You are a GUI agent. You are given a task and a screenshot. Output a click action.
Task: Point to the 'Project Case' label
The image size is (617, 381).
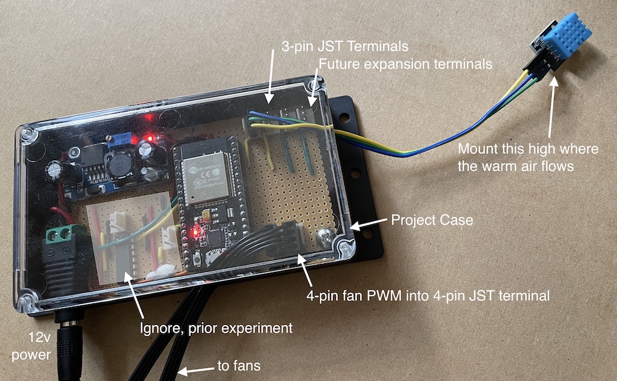click(432, 220)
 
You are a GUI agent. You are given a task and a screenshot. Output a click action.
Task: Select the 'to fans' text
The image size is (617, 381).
click(239, 366)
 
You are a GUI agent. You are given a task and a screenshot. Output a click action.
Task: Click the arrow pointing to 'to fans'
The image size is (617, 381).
click(193, 371)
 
